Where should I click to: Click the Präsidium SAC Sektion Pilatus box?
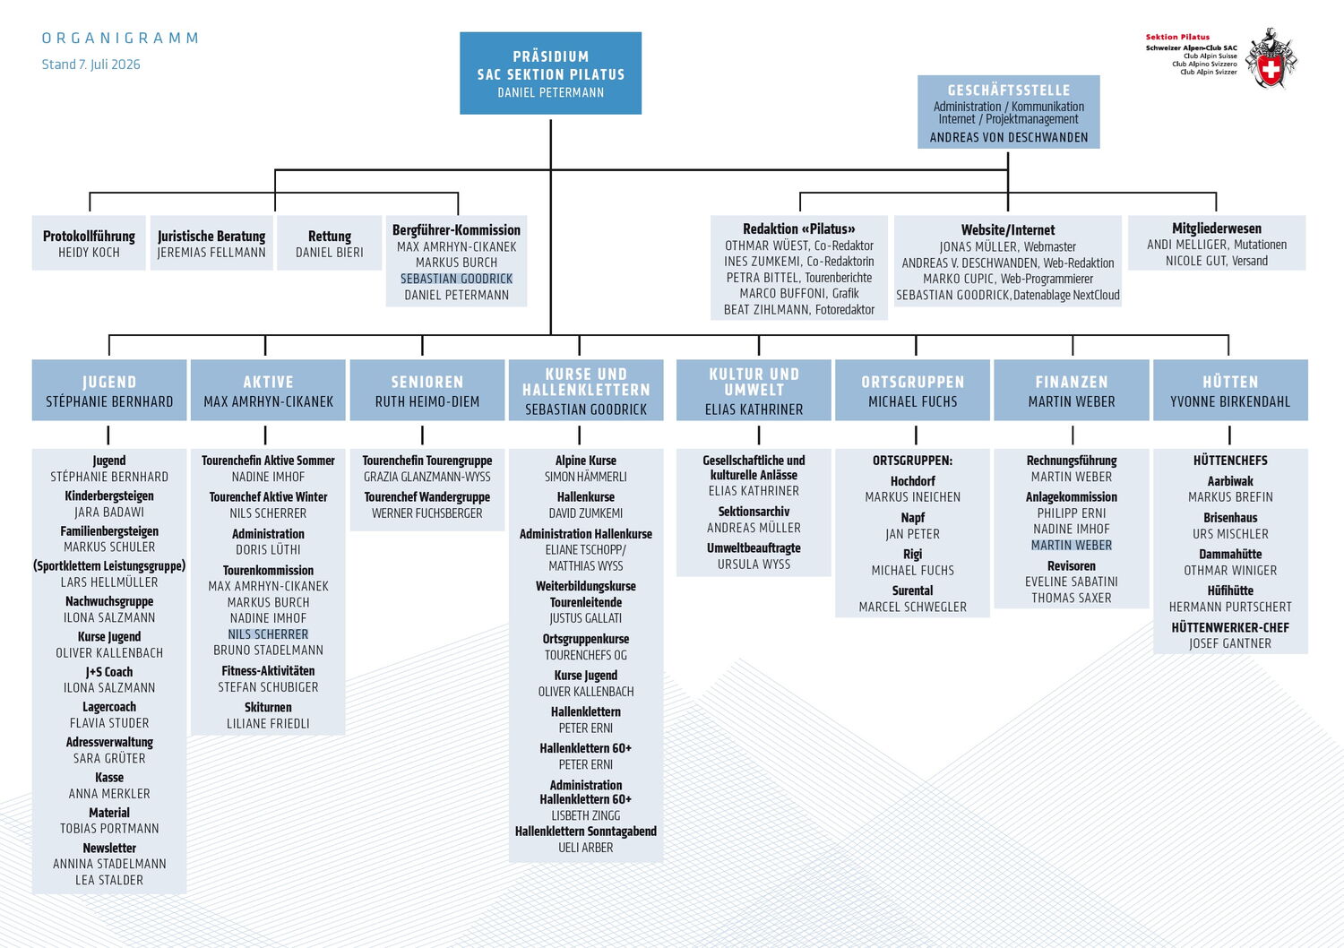point(550,73)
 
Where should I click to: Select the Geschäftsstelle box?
point(1008,112)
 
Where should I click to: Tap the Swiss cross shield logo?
point(1271,59)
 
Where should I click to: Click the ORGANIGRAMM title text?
point(120,39)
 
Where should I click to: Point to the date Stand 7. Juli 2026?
point(90,65)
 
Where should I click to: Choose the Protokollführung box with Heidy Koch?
point(89,243)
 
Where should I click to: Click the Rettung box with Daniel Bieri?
point(330,243)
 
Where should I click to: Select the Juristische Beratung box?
point(211,243)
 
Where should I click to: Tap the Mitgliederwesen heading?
point(1217,228)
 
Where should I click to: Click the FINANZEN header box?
point(1072,390)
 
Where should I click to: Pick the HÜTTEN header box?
point(1230,390)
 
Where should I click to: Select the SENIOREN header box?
point(427,390)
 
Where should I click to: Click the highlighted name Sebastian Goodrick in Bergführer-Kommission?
point(457,279)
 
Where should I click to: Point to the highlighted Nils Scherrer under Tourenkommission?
point(268,634)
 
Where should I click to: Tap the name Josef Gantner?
point(1230,644)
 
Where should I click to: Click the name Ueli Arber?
point(586,848)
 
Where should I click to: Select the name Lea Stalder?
point(109,880)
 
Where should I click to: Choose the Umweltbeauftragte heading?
point(754,548)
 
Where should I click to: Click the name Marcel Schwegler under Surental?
point(913,608)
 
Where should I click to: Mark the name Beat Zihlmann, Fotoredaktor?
point(799,310)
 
